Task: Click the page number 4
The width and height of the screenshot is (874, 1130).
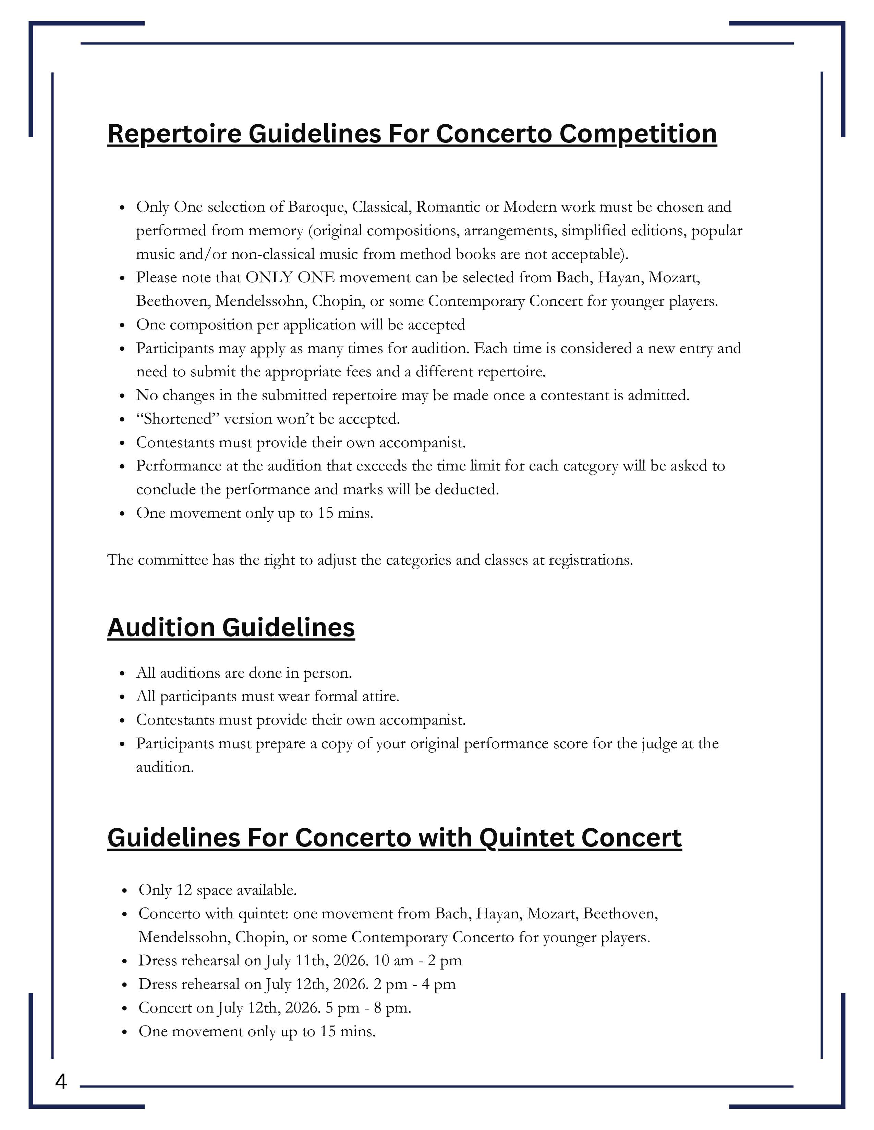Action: [x=61, y=1082]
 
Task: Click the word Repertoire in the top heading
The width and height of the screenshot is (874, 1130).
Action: [x=174, y=134]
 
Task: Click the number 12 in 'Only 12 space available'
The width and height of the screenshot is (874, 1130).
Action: [x=184, y=890]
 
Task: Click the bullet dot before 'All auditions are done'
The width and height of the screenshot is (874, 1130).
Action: [x=122, y=674]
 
